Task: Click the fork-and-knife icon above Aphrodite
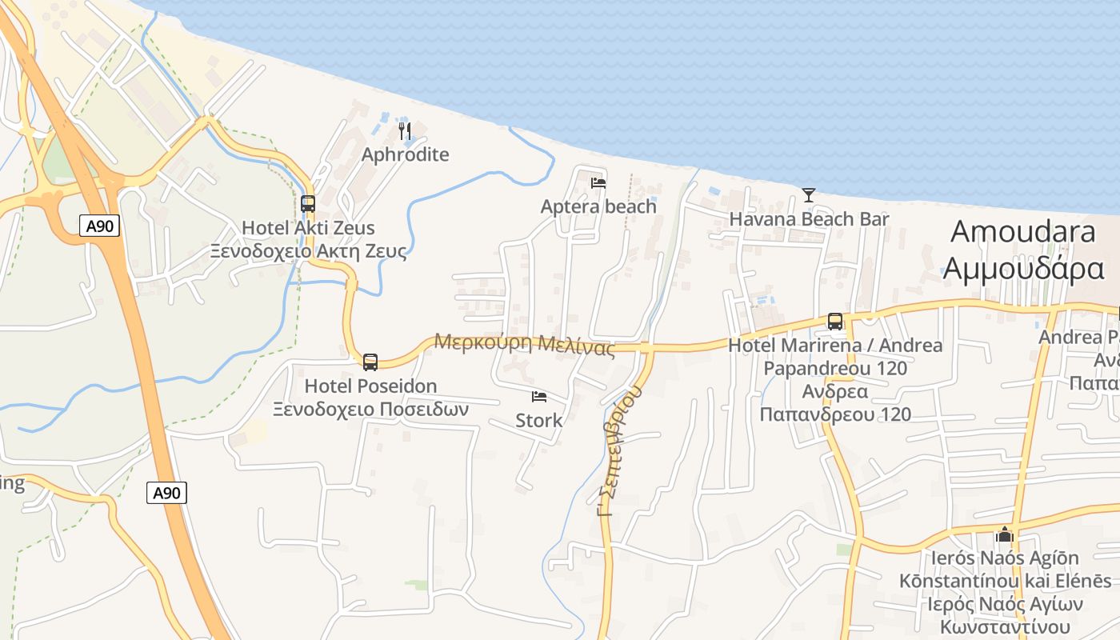(x=405, y=130)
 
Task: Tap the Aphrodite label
(x=405, y=154)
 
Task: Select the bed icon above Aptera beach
(x=598, y=182)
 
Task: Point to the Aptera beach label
(x=598, y=206)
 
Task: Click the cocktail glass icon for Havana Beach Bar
(x=809, y=194)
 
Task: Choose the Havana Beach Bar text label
(x=809, y=218)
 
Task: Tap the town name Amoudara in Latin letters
(x=1023, y=232)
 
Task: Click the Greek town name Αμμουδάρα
(x=1023, y=268)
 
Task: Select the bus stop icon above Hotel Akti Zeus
(x=308, y=204)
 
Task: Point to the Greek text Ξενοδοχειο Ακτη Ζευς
(x=308, y=251)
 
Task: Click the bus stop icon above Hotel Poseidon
(x=370, y=362)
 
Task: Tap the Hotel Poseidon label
(x=370, y=386)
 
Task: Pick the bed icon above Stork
(x=539, y=397)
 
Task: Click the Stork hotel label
(x=539, y=420)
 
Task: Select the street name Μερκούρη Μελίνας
(x=524, y=344)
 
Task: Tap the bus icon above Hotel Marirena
(x=835, y=322)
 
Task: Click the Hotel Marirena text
(x=835, y=346)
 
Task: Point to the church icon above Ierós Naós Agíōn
(x=1005, y=534)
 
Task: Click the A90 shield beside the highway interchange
(x=100, y=226)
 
